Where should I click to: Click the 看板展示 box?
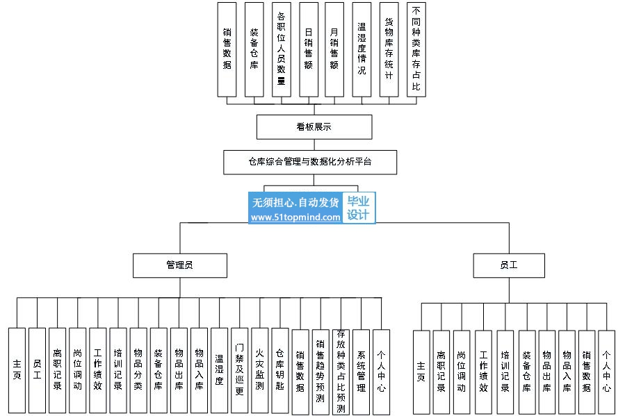314,127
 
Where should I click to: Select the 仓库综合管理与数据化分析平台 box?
310,161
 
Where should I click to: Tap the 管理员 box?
179,265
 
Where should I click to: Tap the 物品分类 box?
138,371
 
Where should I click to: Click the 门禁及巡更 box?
239,371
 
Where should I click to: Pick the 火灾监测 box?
259,371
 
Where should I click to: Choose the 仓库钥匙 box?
279,371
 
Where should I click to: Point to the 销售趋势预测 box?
320,372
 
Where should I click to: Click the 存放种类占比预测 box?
340,372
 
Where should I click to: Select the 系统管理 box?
361,371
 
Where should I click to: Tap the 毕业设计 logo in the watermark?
359,208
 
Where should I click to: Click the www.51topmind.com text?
295,217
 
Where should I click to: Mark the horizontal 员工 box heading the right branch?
508,265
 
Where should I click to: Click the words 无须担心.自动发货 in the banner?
295,202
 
